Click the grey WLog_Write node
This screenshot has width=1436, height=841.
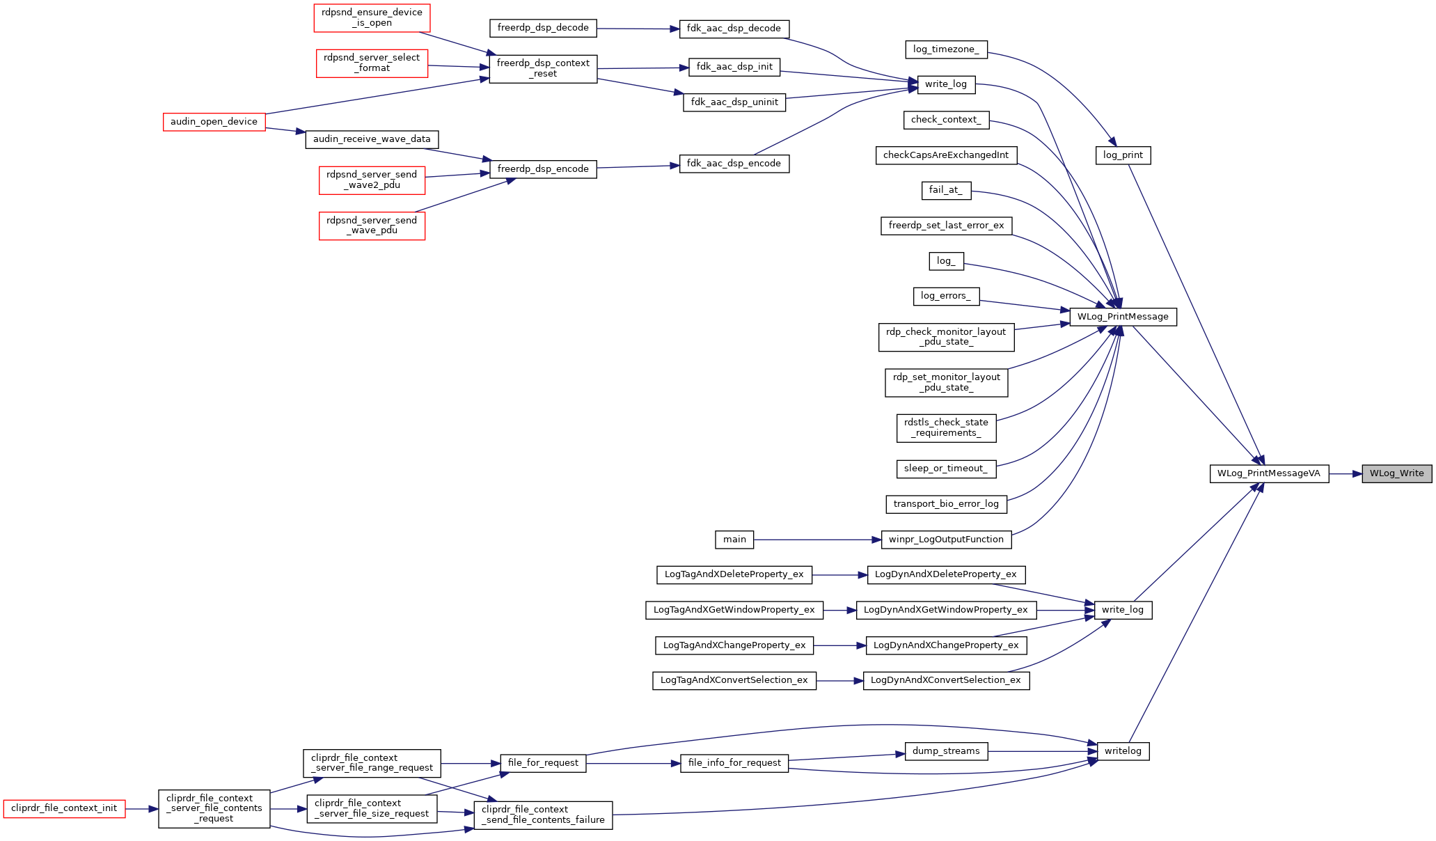[x=1397, y=473]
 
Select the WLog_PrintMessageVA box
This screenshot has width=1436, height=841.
[x=1269, y=473]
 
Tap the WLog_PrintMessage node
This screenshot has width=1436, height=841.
[x=1123, y=317]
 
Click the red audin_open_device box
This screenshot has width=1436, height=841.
[x=214, y=122]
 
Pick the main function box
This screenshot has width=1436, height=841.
[x=734, y=540]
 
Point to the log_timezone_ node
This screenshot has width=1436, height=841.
[x=946, y=49]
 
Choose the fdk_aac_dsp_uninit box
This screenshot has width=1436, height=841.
[x=734, y=102]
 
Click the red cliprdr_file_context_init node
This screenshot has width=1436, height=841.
[x=64, y=808]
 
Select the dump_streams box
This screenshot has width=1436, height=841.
[x=946, y=751]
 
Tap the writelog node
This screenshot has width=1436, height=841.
[x=1123, y=751]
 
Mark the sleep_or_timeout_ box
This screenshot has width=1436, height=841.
[x=946, y=469]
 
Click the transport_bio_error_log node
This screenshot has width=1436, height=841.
[x=946, y=504]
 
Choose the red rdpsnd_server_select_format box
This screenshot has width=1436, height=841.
[x=372, y=63]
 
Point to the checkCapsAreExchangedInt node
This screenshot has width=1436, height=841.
[x=946, y=155]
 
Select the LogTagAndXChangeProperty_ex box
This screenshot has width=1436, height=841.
[x=734, y=645]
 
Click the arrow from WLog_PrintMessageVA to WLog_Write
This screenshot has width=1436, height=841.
[x=1346, y=473]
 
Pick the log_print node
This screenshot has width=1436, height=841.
[x=1123, y=155]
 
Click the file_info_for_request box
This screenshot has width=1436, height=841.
[x=734, y=763]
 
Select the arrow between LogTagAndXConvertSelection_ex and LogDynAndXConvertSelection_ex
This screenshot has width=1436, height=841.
[x=839, y=681]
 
